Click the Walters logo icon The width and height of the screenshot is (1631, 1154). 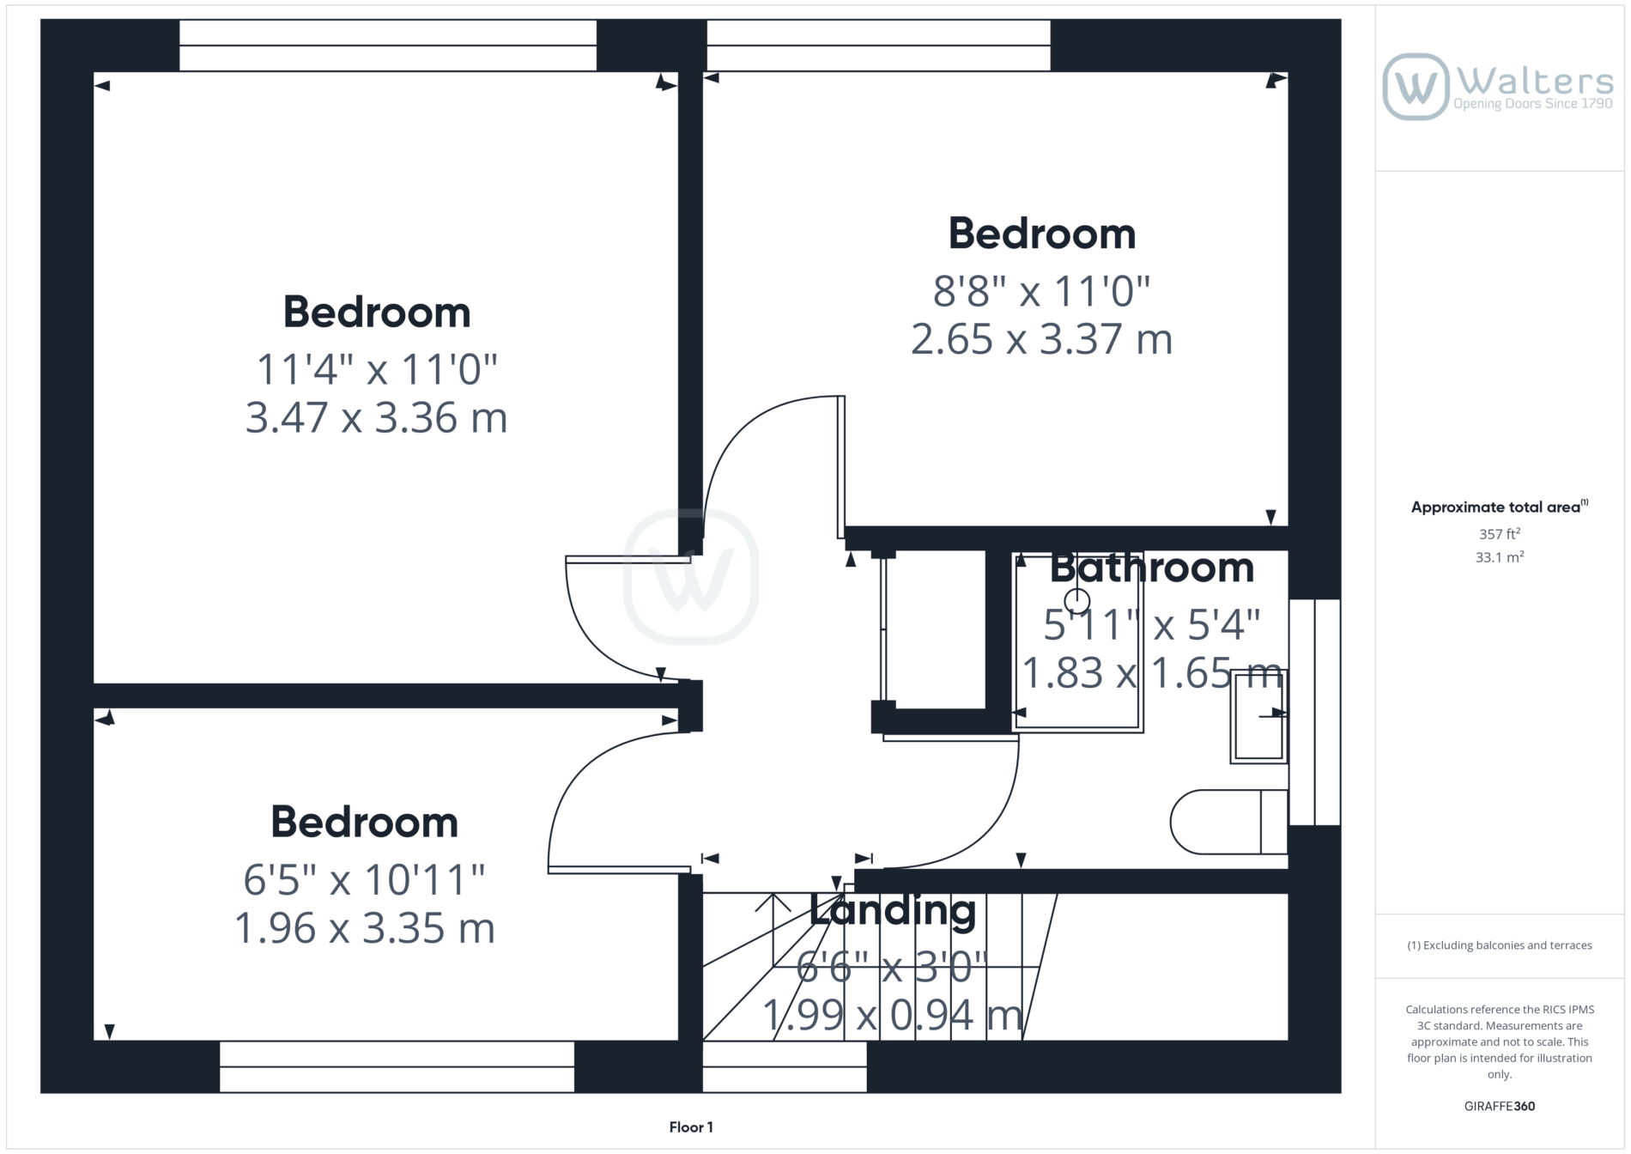pyautogui.click(x=1416, y=87)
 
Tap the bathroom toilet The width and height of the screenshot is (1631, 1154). pyautogui.click(x=1228, y=822)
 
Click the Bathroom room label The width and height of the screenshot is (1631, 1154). pyautogui.click(x=1152, y=568)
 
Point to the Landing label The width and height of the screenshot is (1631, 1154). pyautogui.click(x=893, y=909)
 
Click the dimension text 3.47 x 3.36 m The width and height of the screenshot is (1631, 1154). pyautogui.click(x=376, y=418)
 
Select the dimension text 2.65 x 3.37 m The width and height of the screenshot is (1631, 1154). pyautogui.click(x=1041, y=339)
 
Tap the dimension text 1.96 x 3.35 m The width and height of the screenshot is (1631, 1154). pyautogui.click(x=365, y=928)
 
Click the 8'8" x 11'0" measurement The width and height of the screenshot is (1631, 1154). pyautogui.click(x=1041, y=291)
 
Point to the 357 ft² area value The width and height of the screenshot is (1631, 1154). pyautogui.click(x=1500, y=534)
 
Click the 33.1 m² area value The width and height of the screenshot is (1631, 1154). pyautogui.click(x=1500, y=557)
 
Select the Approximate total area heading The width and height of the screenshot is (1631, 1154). pyautogui.click(x=1499, y=507)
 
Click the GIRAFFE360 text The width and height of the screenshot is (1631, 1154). pyautogui.click(x=1500, y=1106)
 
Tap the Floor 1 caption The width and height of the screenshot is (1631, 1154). pyautogui.click(x=691, y=1127)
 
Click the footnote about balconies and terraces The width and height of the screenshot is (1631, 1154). pyautogui.click(x=1500, y=945)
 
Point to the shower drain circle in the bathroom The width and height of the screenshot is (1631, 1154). pyautogui.click(x=1077, y=600)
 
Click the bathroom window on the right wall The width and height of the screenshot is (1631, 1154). pyautogui.click(x=1314, y=712)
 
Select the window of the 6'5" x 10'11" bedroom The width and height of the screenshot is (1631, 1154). pyautogui.click(x=397, y=1066)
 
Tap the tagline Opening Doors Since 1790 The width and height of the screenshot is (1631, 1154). pyautogui.click(x=1533, y=104)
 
